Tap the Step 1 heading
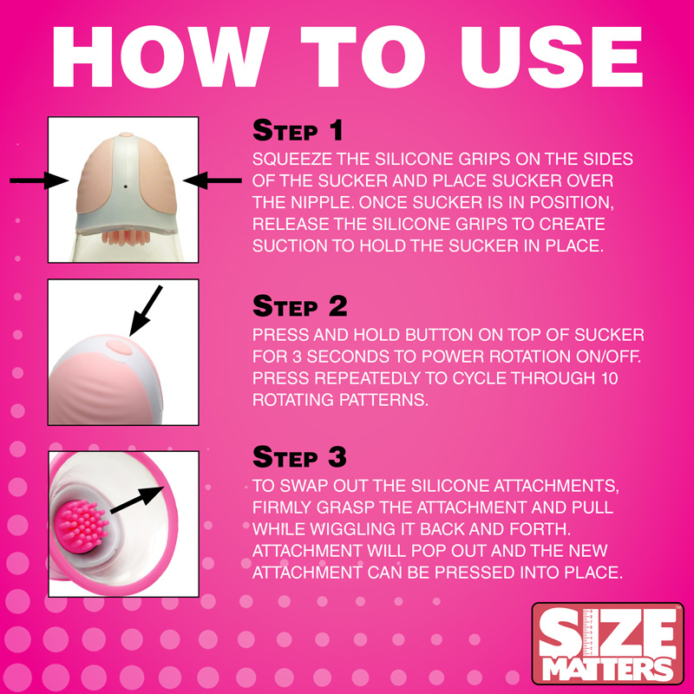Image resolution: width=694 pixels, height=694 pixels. [298, 131]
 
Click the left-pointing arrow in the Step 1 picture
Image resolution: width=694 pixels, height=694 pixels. [213, 180]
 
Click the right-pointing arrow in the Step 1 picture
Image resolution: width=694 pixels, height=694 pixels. [38, 180]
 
